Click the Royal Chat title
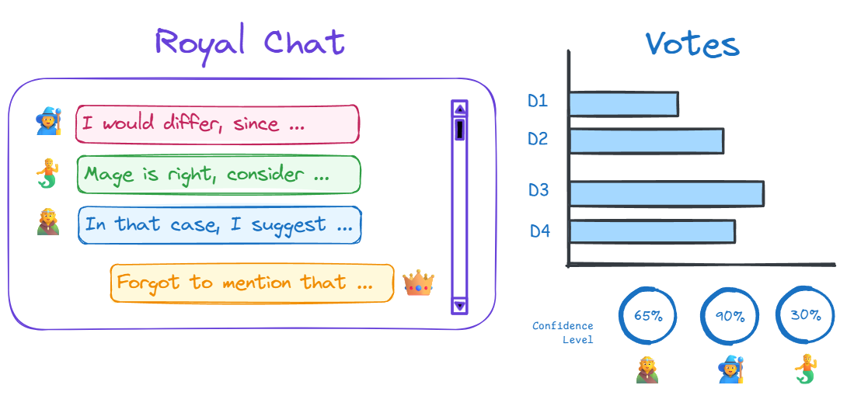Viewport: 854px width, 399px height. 249,42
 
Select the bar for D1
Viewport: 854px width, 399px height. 623,104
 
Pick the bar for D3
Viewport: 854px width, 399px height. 666,193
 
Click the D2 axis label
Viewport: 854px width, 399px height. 538,140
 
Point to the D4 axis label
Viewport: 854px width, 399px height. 540,231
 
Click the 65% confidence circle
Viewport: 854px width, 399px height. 647,316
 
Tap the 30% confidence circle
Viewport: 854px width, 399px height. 805,315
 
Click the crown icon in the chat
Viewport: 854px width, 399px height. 418,283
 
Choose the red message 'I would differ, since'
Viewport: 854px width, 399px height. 217,124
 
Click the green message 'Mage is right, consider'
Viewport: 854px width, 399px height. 218,175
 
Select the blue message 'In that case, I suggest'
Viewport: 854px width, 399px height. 219,225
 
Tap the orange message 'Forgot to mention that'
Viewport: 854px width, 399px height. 252,283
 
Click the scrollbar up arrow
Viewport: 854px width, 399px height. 459,109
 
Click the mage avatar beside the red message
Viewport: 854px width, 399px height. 48,123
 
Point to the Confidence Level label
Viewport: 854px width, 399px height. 563,332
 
